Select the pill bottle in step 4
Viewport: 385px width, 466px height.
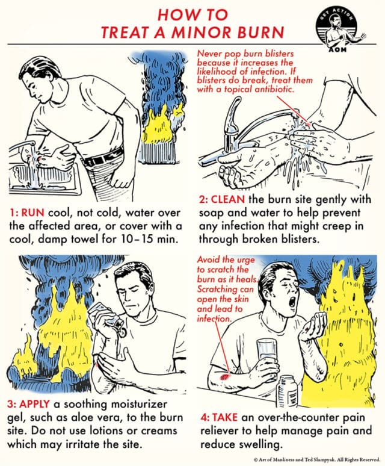(x=291, y=389)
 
